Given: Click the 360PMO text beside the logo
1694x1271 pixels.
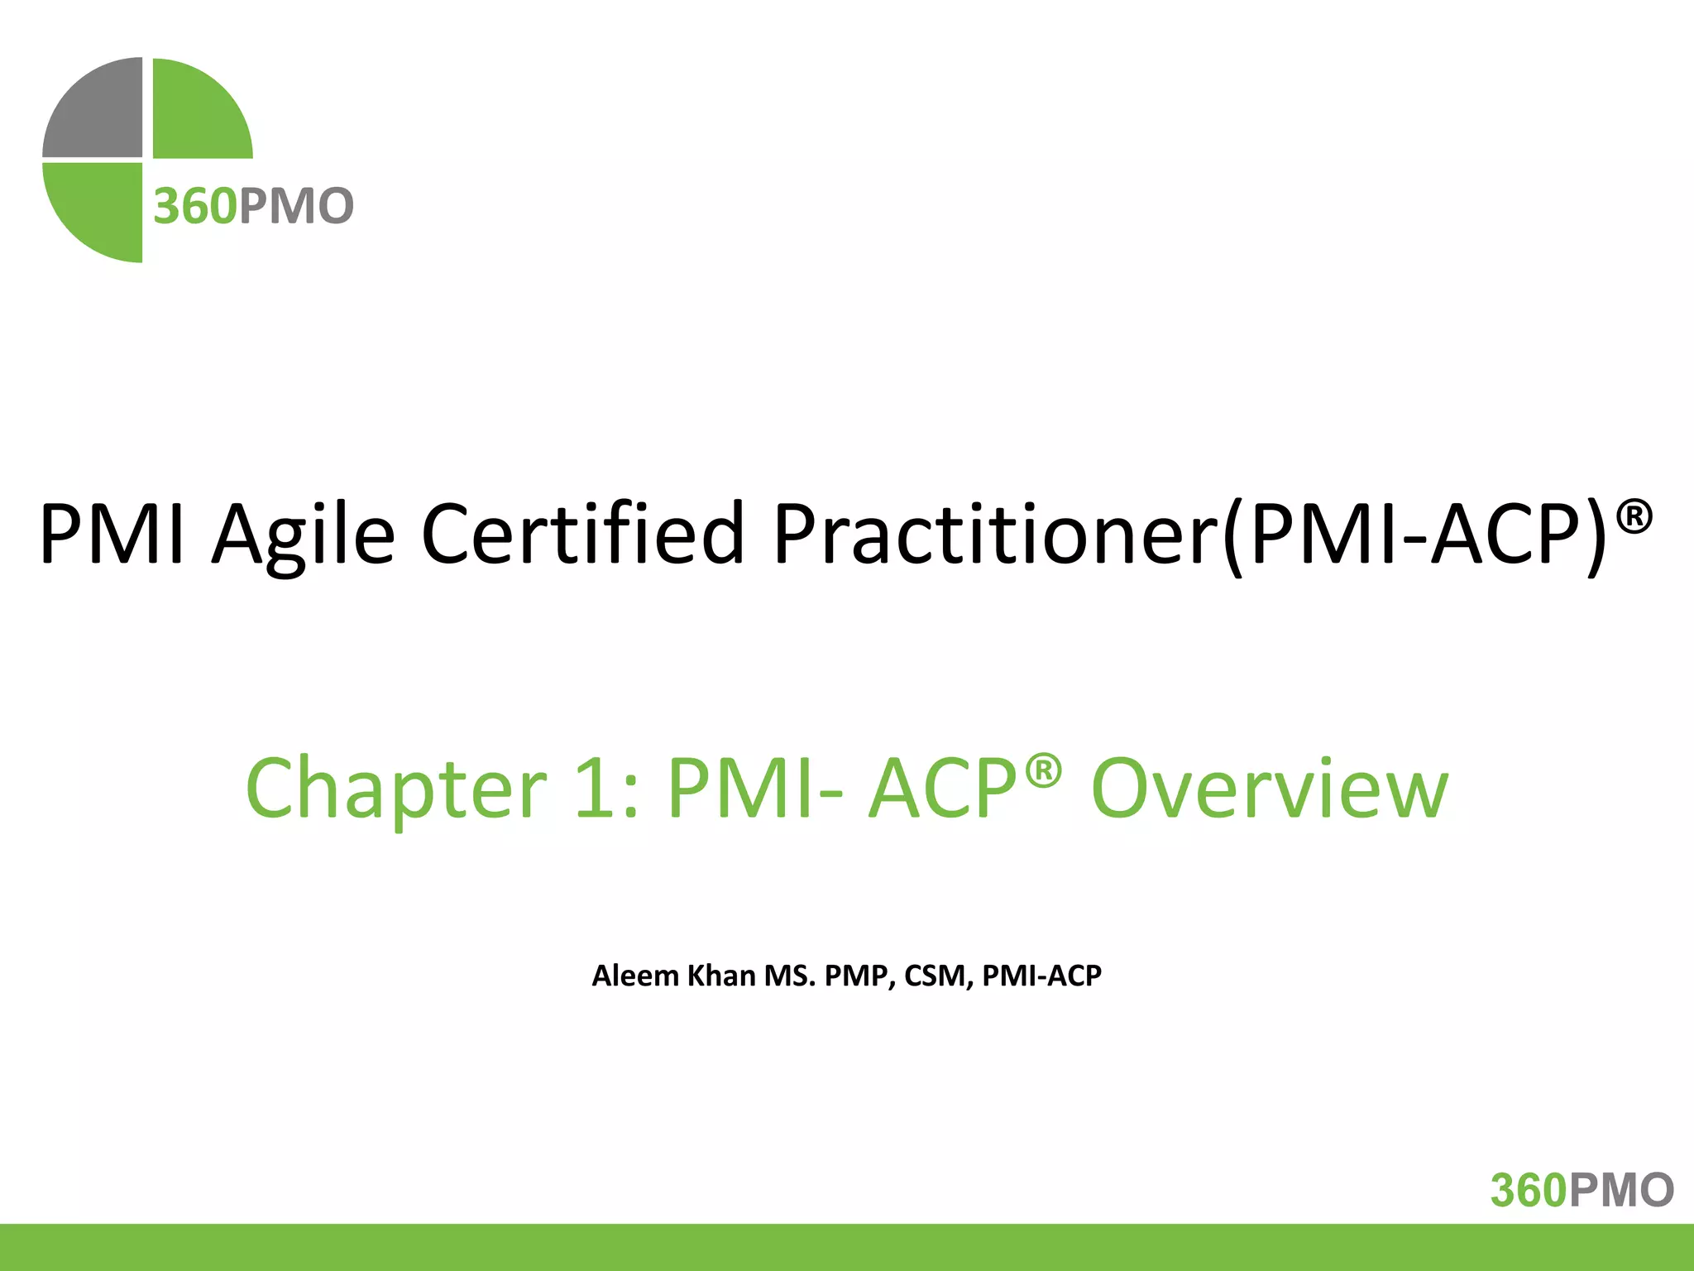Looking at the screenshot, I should (x=254, y=206).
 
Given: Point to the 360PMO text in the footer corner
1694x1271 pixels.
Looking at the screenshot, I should (x=1582, y=1190).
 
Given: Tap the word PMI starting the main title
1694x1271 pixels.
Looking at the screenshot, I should (x=112, y=534).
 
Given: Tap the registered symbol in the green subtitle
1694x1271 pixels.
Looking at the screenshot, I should (x=1043, y=770).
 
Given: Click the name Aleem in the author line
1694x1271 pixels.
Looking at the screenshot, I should (x=635, y=976).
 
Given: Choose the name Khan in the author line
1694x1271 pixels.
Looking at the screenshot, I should (x=722, y=976).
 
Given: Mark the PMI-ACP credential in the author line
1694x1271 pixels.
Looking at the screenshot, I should (x=1041, y=976).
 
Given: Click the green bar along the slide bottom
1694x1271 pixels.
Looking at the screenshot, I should (x=847, y=1247).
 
